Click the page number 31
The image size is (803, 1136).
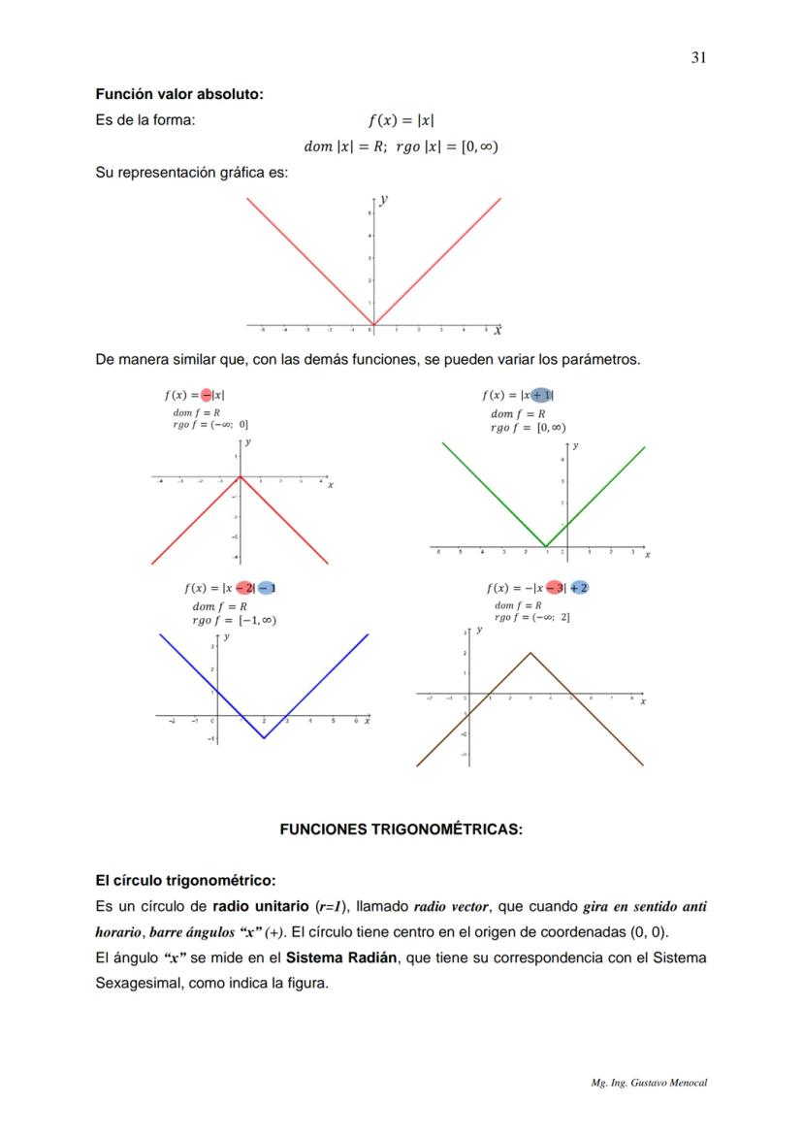tap(698, 57)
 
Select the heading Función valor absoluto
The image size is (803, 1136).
tap(179, 94)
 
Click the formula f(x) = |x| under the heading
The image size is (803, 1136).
tap(401, 121)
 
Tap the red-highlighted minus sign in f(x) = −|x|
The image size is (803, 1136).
tap(207, 395)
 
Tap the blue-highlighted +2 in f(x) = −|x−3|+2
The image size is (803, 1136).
tap(579, 588)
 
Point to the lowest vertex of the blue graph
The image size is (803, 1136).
tap(264, 738)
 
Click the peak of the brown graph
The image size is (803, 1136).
tap(530, 652)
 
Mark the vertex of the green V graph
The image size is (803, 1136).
tap(545, 545)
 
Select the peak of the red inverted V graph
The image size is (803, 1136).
tap(241, 478)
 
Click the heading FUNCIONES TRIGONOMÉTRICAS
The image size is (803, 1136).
tap(401, 829)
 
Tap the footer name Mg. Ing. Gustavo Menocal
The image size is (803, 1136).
tap(649, 1083)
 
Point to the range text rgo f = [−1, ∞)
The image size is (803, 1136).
tap(235, 620)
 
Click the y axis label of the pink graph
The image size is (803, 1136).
tap(385, 200)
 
